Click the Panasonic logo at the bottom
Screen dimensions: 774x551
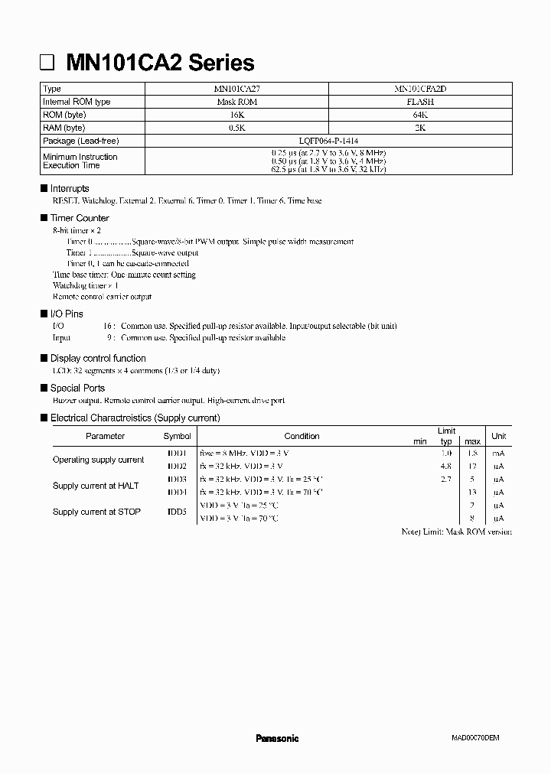(x=276, y=738)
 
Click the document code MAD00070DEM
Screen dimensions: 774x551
(x=474, y=738)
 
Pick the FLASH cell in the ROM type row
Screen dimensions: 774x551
(x=420, y=102)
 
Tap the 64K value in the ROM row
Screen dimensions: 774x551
(x=420, y=115)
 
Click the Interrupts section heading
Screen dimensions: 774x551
(x=70, y=188)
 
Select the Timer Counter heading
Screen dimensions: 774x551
(x=80, y=218)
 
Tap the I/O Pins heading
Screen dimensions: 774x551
(x=67, y=314)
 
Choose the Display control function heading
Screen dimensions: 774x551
(x=98, y=358)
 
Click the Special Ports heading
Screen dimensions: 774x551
(x=77, y=388)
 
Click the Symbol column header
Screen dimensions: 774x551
(x=177, y=436)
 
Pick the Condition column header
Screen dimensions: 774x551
(x=302, y=436)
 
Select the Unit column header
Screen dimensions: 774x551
(x=498, y=436)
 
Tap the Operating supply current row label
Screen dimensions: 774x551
(x=98, y=460)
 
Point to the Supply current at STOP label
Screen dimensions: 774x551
(x=96, y=512)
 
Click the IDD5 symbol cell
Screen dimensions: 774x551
(x=177, y=512)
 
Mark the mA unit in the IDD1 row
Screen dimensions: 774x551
(x=498, y=454)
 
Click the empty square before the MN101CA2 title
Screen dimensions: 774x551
(x=47, y=63)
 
